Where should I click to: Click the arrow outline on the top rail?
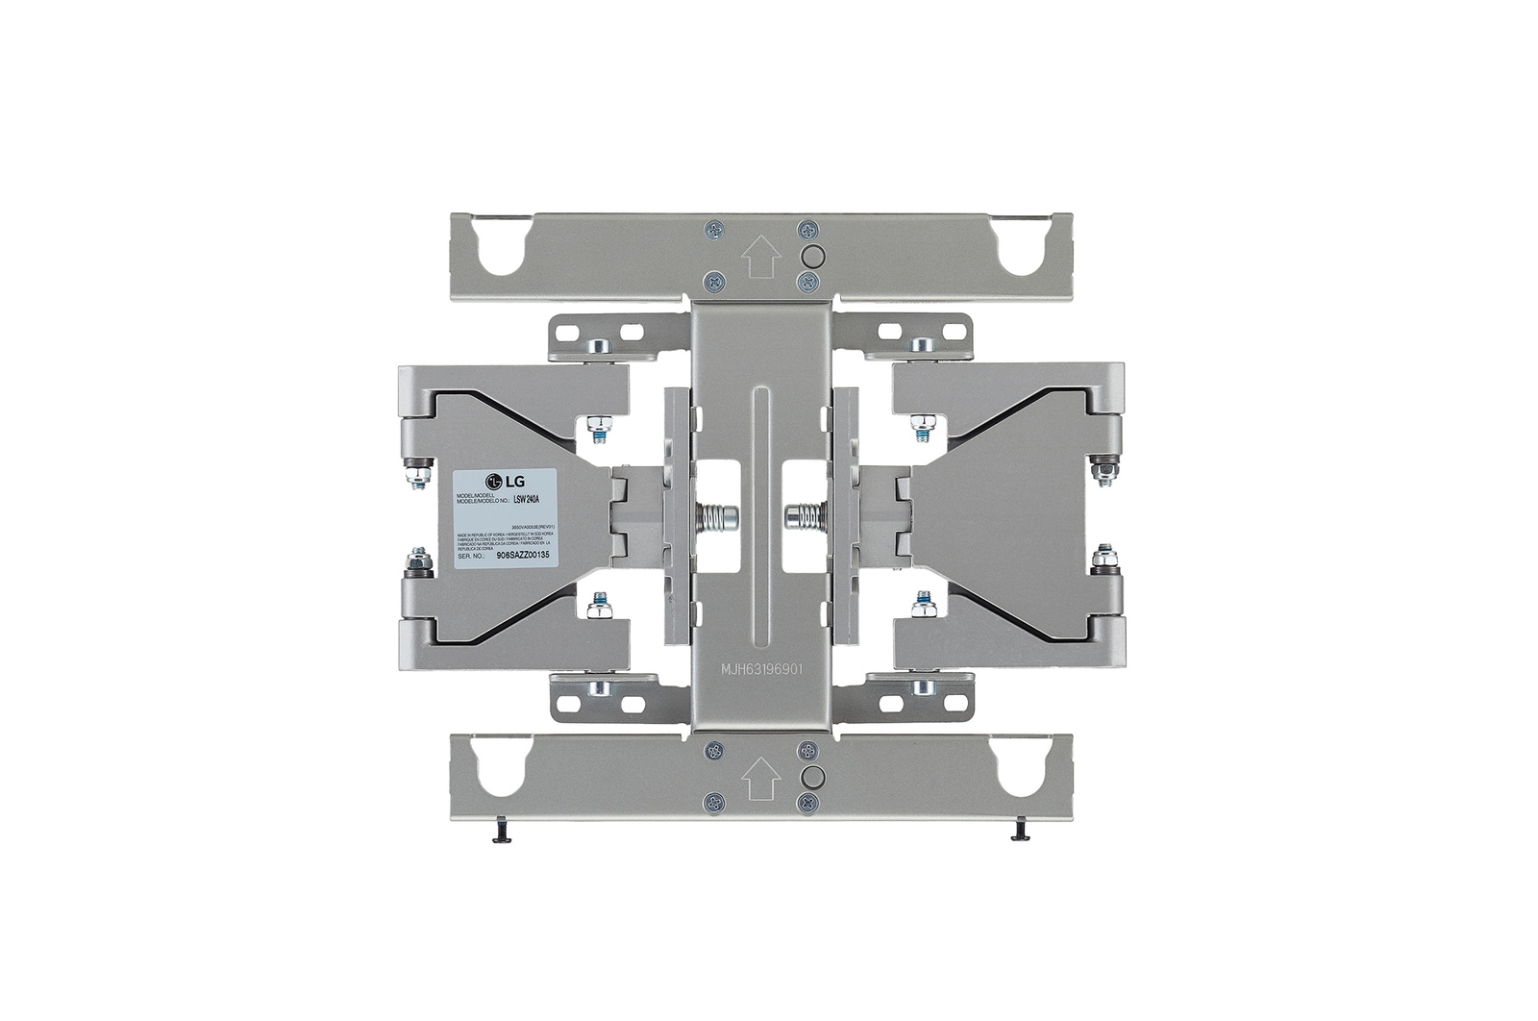pyautogui.click(x=760, y=257)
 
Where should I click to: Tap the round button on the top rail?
pyautogui.click(x=811, y=256)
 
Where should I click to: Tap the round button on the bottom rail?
pyautogui.click(x=811, y=775)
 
